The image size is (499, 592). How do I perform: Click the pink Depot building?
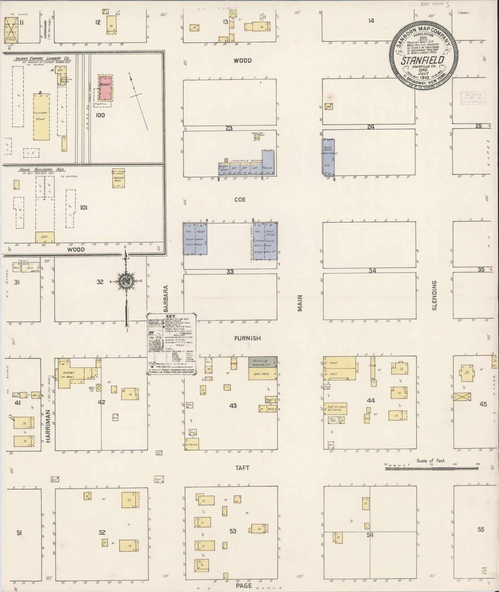click(x=105, y=88)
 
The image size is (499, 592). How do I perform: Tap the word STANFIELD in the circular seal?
click(x=422, y=60)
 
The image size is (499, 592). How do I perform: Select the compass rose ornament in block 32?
click(x=126, y=281)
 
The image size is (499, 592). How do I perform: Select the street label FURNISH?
click(x=247, y=339)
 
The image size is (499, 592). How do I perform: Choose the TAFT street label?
click(x=242, y=468)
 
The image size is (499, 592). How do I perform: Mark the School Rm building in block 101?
click(x=118, y=178)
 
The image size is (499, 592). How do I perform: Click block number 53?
click(x=233, y=531)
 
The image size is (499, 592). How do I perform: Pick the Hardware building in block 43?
click(x=192, y=444)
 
